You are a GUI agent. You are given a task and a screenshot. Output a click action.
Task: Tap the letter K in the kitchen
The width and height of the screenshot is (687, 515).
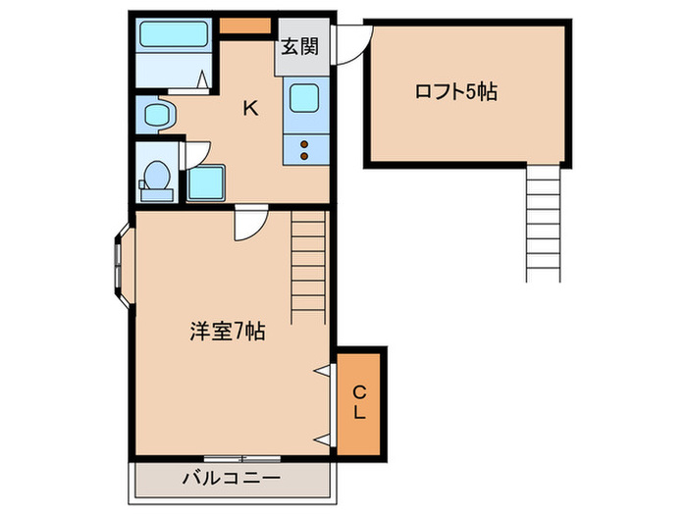pos(251,108)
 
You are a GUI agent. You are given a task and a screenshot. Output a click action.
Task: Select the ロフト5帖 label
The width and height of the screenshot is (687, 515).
pos(455,92)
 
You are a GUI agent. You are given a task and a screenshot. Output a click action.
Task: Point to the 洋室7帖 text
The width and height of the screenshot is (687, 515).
pos(227,332)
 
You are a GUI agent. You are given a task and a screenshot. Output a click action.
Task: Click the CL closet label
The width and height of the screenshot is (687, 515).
pos(359,402)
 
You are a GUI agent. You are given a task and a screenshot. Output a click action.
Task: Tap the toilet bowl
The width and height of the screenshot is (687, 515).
pos(155,177)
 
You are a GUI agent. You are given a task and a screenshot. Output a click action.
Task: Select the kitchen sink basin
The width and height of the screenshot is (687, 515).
pos(302,98)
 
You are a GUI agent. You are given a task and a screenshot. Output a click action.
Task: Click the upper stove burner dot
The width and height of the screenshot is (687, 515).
pos(303,145)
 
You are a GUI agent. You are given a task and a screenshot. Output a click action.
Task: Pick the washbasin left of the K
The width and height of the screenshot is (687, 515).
pos(157,116)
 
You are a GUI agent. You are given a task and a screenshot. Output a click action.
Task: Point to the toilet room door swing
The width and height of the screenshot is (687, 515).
pos(196,155)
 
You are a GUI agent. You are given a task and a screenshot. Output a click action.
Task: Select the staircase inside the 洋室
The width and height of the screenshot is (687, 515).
pos(308,259)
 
